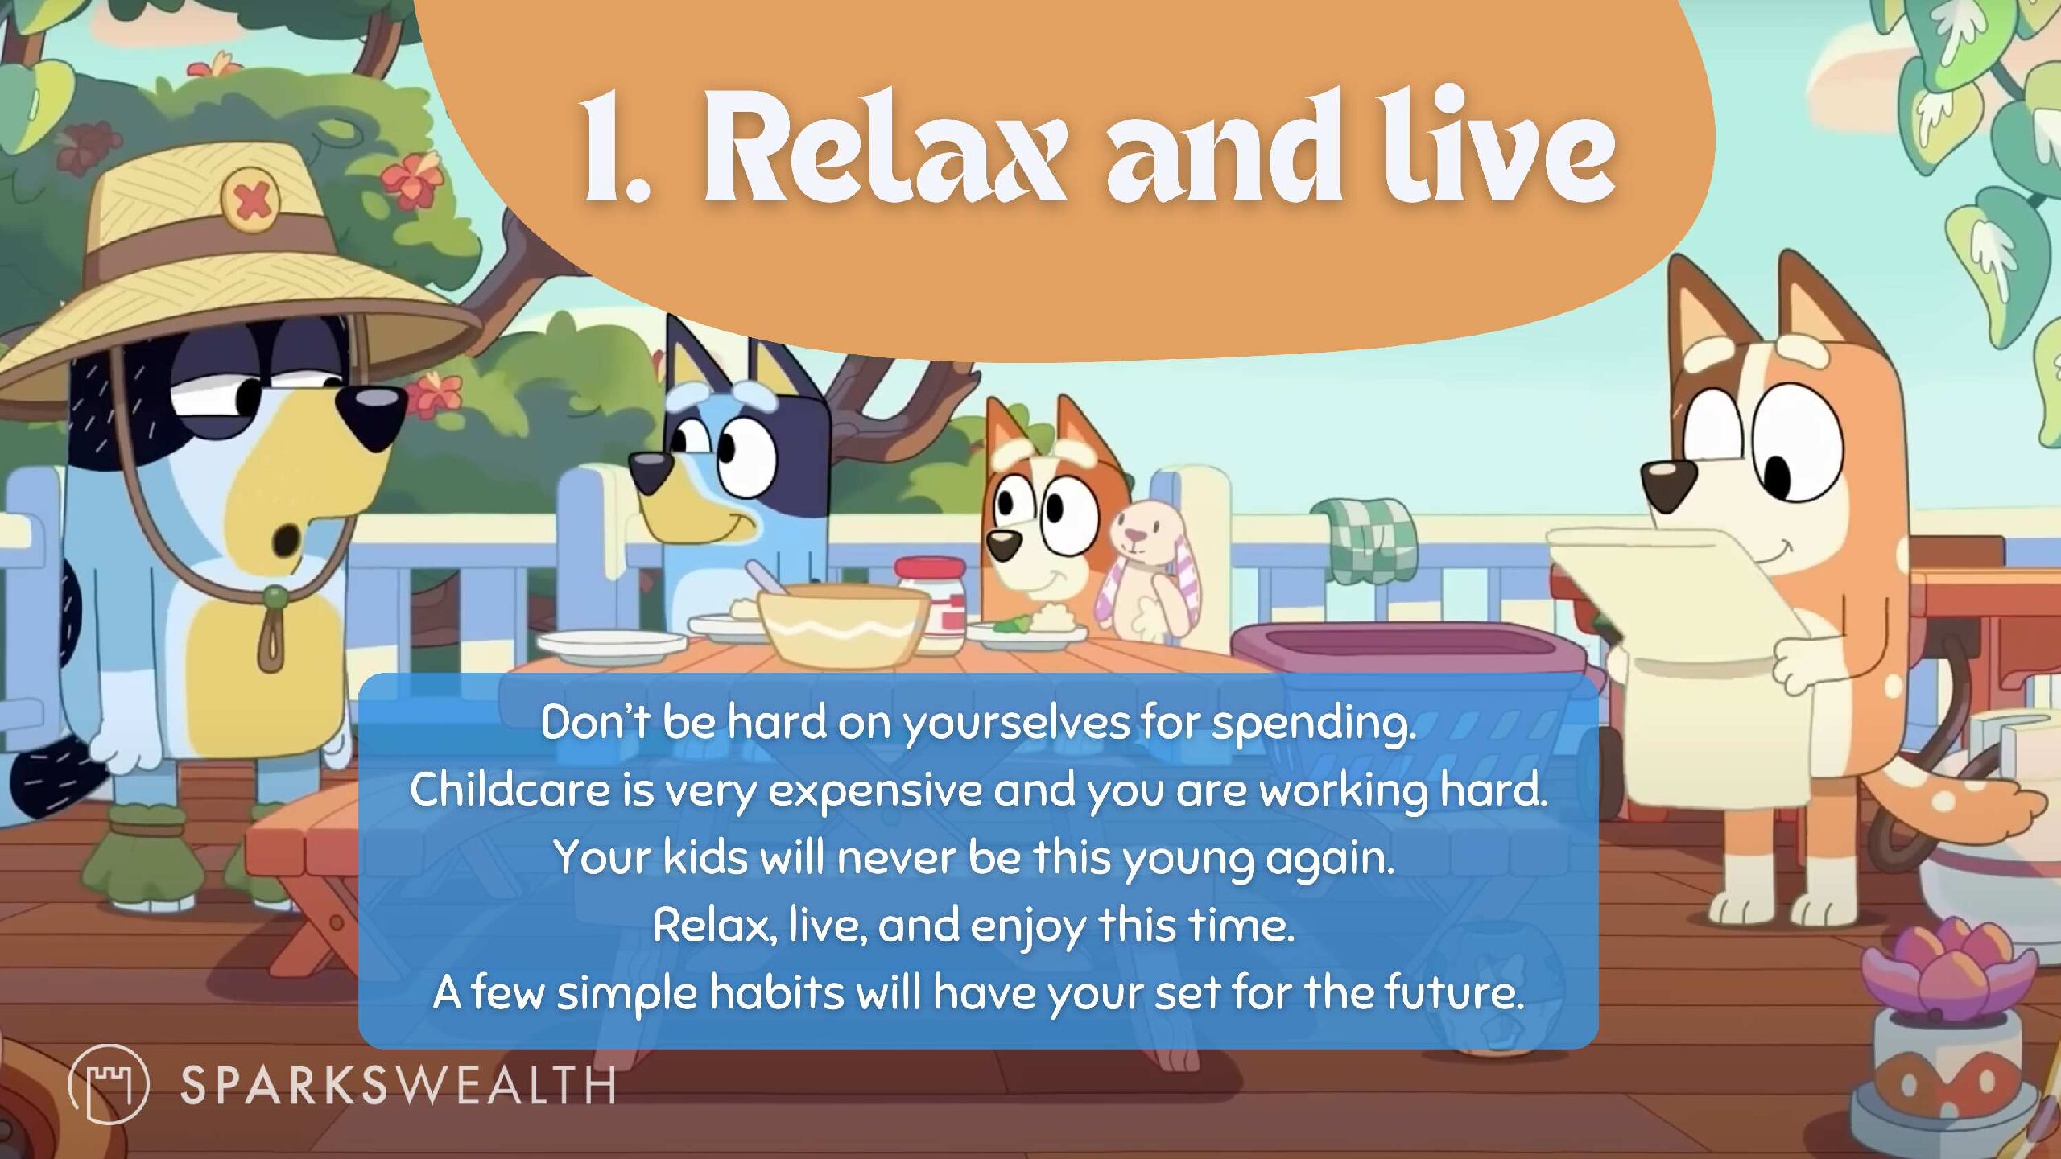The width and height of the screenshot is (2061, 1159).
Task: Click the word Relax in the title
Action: [886, 149]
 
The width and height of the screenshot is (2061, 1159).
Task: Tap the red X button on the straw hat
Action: [251, 199]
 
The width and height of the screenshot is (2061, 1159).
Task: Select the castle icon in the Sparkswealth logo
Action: [109, 1084]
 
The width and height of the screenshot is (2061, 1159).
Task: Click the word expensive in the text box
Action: [875, 790]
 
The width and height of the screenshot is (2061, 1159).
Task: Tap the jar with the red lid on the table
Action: [931, 604]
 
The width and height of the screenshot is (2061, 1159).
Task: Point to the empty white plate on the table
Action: [612, 645]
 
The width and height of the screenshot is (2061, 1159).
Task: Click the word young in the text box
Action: [1187, 860]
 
